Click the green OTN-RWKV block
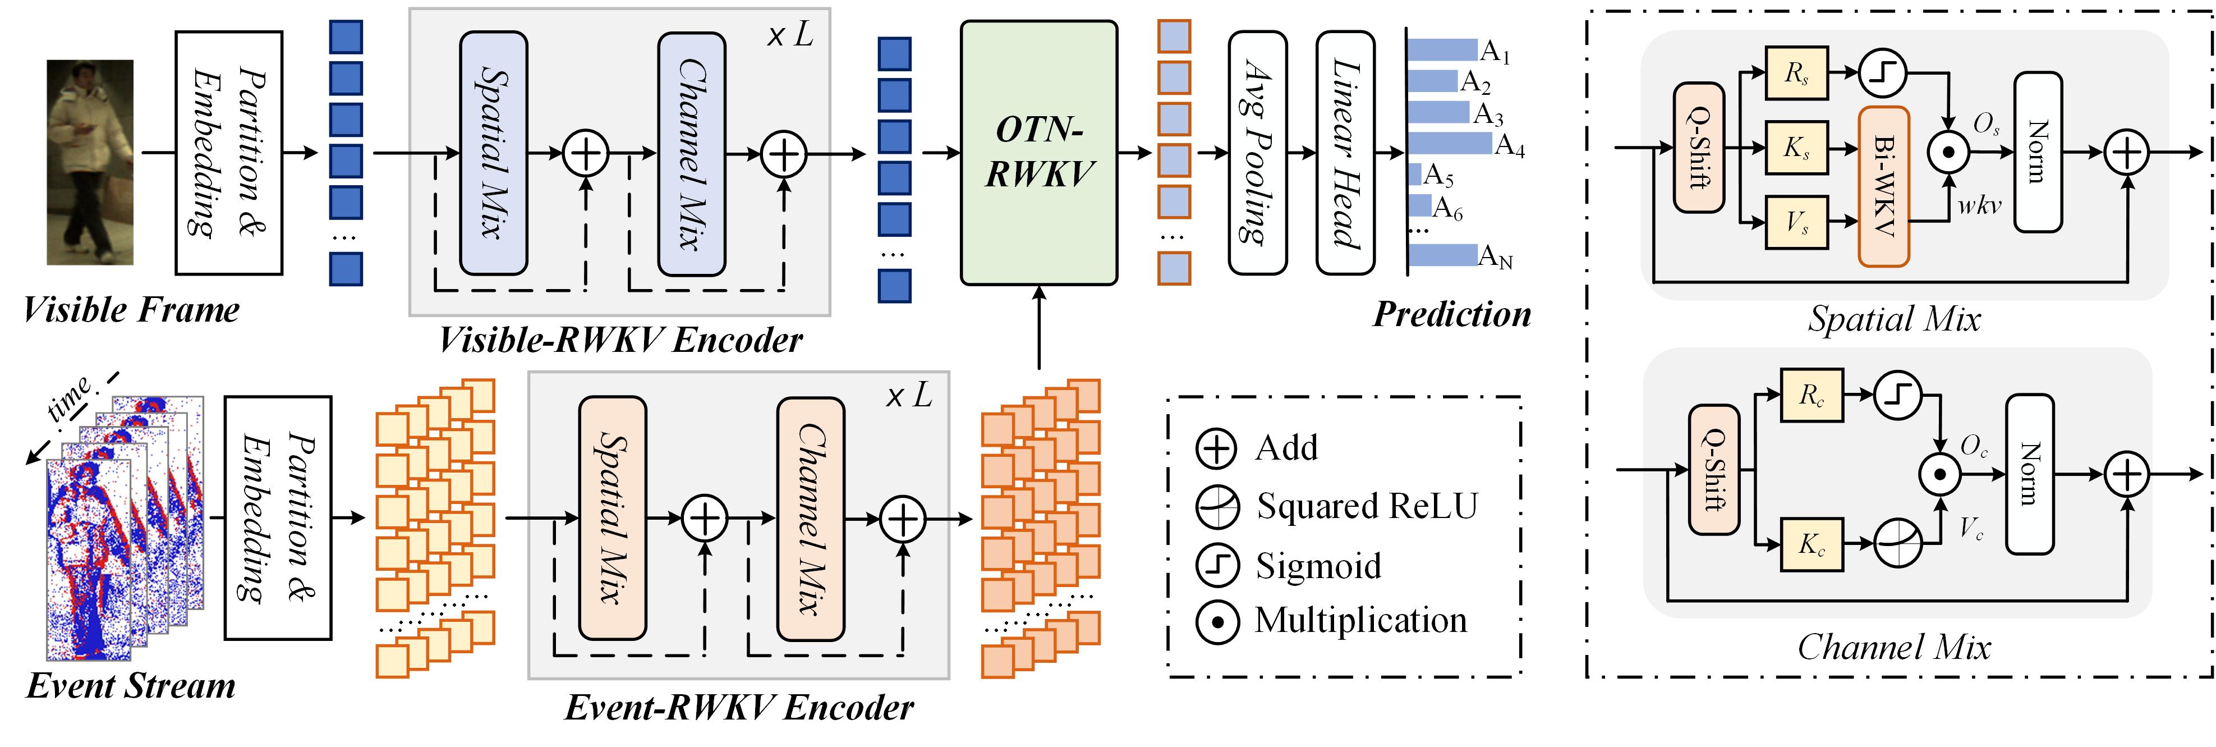coord(1038,152)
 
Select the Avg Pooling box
coord(1258,152)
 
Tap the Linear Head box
coord(1345,152)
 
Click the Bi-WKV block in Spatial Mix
coord(1884,186)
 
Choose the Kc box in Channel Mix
coord(1811,544)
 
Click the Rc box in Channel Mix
coord(1811,396)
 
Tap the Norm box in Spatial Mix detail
coord(2038,152)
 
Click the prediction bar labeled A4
coord(1450,143)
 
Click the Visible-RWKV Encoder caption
coord(620,341)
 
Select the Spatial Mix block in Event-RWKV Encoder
coord(613,518)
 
